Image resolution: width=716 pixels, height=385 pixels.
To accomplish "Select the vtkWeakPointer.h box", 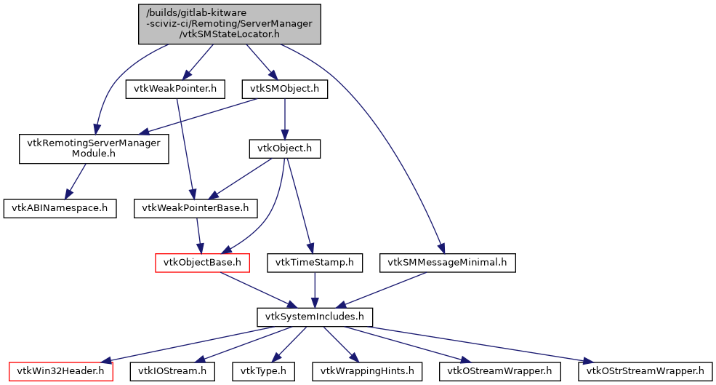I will [175, 89].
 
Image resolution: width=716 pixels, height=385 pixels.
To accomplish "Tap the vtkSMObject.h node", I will [284, 89].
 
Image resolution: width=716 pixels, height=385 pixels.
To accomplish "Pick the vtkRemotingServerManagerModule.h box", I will [94, 148].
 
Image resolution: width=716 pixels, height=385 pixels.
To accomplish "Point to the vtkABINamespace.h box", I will [60, 208].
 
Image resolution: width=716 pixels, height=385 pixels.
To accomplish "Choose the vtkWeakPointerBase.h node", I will [196, 208].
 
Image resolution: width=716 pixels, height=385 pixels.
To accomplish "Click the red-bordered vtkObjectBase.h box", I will [203, 262].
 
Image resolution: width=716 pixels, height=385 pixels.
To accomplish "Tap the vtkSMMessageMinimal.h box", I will [447, 262].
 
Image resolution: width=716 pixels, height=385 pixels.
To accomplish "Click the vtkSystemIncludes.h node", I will [315, 317].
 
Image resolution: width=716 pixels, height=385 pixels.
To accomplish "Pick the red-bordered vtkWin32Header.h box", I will [61, 371].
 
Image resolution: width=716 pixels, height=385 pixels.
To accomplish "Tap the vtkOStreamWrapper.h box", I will [500, 371].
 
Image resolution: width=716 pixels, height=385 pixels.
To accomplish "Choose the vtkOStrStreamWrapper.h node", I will [641, 371].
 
